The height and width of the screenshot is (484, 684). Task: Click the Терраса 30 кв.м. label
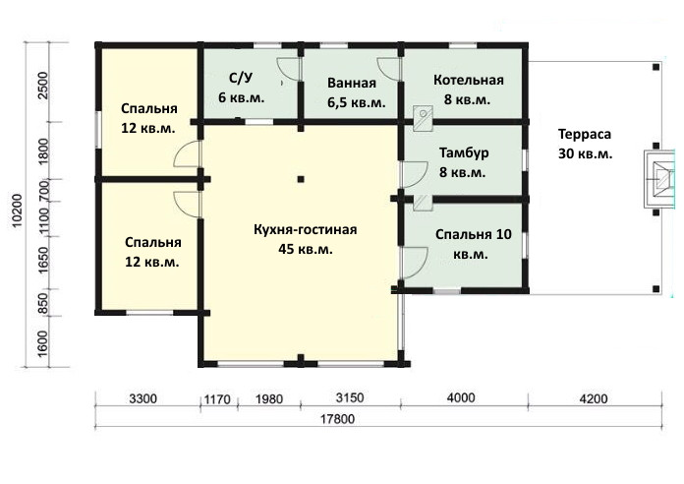585,144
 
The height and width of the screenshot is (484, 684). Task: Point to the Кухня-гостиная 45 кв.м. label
306,239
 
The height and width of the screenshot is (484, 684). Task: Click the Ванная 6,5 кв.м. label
357,92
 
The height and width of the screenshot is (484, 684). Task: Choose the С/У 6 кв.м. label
241,88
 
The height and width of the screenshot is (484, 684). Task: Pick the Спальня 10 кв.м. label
474,244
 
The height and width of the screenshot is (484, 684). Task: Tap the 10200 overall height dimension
17,211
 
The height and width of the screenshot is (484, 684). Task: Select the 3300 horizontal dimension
143,398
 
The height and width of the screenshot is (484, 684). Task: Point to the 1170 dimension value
217,399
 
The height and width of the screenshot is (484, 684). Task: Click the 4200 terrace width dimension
595,398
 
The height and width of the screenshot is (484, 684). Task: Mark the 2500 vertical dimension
43,86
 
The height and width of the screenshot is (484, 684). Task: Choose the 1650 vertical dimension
43,261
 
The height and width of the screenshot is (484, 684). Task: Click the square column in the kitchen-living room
301,179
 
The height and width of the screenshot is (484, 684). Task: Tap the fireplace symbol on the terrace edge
660,179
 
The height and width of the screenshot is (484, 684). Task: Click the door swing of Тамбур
414,175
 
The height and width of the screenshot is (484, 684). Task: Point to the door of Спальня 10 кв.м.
414,263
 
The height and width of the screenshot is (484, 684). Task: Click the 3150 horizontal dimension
350,398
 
